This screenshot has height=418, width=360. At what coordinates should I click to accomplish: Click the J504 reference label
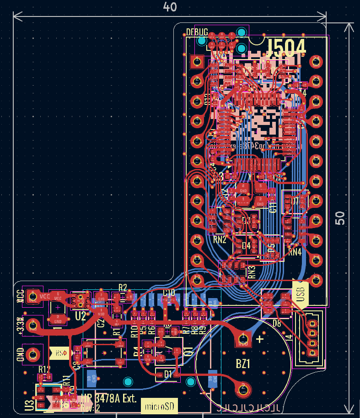coord(286,47)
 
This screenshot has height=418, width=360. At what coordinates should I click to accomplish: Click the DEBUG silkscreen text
coord(197,33)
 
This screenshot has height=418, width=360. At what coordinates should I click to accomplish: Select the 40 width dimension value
coord(170,7)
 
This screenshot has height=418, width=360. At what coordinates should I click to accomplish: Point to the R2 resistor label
coord(123,288)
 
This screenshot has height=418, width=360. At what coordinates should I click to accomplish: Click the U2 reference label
coord(81,316)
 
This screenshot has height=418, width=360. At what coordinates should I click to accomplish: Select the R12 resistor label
coord(44,369)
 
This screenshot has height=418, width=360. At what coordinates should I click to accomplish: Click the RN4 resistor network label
coord(295,251)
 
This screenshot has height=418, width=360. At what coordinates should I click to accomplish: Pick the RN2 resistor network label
coord(220,239)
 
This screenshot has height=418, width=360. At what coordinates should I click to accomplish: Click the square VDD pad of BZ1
coord(242,339)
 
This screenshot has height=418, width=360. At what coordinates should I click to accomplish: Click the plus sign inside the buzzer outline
coord(260,339)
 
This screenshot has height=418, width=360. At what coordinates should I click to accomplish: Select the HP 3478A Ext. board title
coord(109,399)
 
